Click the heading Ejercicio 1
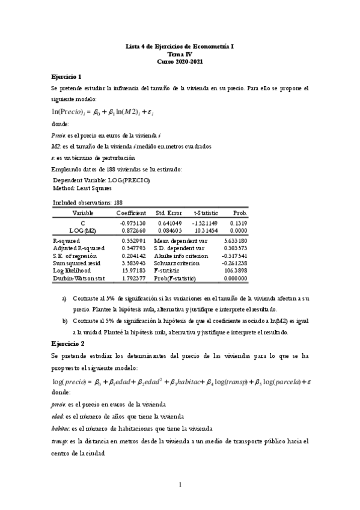(x=66, y=76)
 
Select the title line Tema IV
(x=180, y=54)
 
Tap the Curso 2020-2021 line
(x=180, y=61)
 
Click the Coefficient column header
(x=131, y=213)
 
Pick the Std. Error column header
(x=169, y=213)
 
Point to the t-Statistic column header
(x=206, y=213)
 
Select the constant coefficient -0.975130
(x=132, y=222)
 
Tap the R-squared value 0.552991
(x=133, y=240)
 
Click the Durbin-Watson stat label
(x=79, y=278)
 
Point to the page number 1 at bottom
(x=180, y=485)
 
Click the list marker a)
(x=65, y=299)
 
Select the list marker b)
(x=65, y=321)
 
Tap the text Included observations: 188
(x=88, y=203)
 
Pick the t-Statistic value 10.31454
(x=206, y=230)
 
